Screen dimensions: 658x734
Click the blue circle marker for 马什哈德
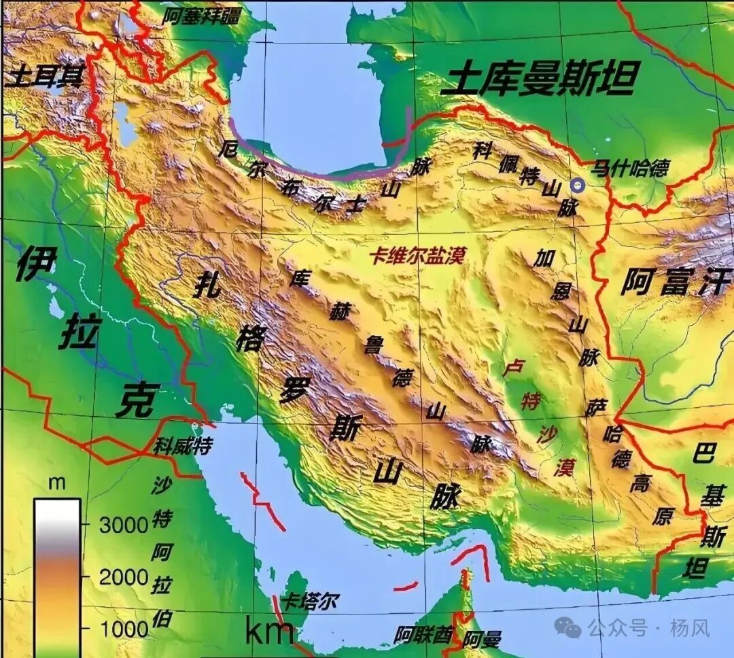coord(578,185)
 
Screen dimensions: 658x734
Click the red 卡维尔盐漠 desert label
coord(417,256)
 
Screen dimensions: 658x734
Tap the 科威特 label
coord(182,447)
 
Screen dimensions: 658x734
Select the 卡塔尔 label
coord(309,601)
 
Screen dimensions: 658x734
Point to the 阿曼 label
coord(484,639)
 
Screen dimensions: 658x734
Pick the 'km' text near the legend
coord(269,632)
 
